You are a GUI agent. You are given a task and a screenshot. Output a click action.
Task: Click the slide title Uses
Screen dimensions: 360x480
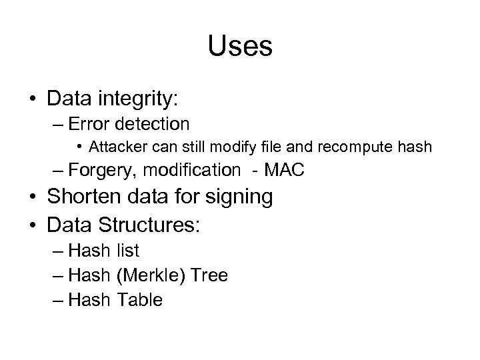(x=239, y=47)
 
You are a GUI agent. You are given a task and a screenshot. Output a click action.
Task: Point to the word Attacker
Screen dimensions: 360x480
(x=115, y=146)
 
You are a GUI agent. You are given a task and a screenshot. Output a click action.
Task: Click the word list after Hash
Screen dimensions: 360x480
(x=127, y=251)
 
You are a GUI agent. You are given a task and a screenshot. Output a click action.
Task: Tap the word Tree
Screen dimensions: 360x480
(x=209, y=275)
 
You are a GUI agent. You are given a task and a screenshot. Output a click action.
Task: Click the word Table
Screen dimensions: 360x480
(x=139, y=300)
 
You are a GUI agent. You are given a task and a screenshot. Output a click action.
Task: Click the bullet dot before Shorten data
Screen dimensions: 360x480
(x=32, y=197)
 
